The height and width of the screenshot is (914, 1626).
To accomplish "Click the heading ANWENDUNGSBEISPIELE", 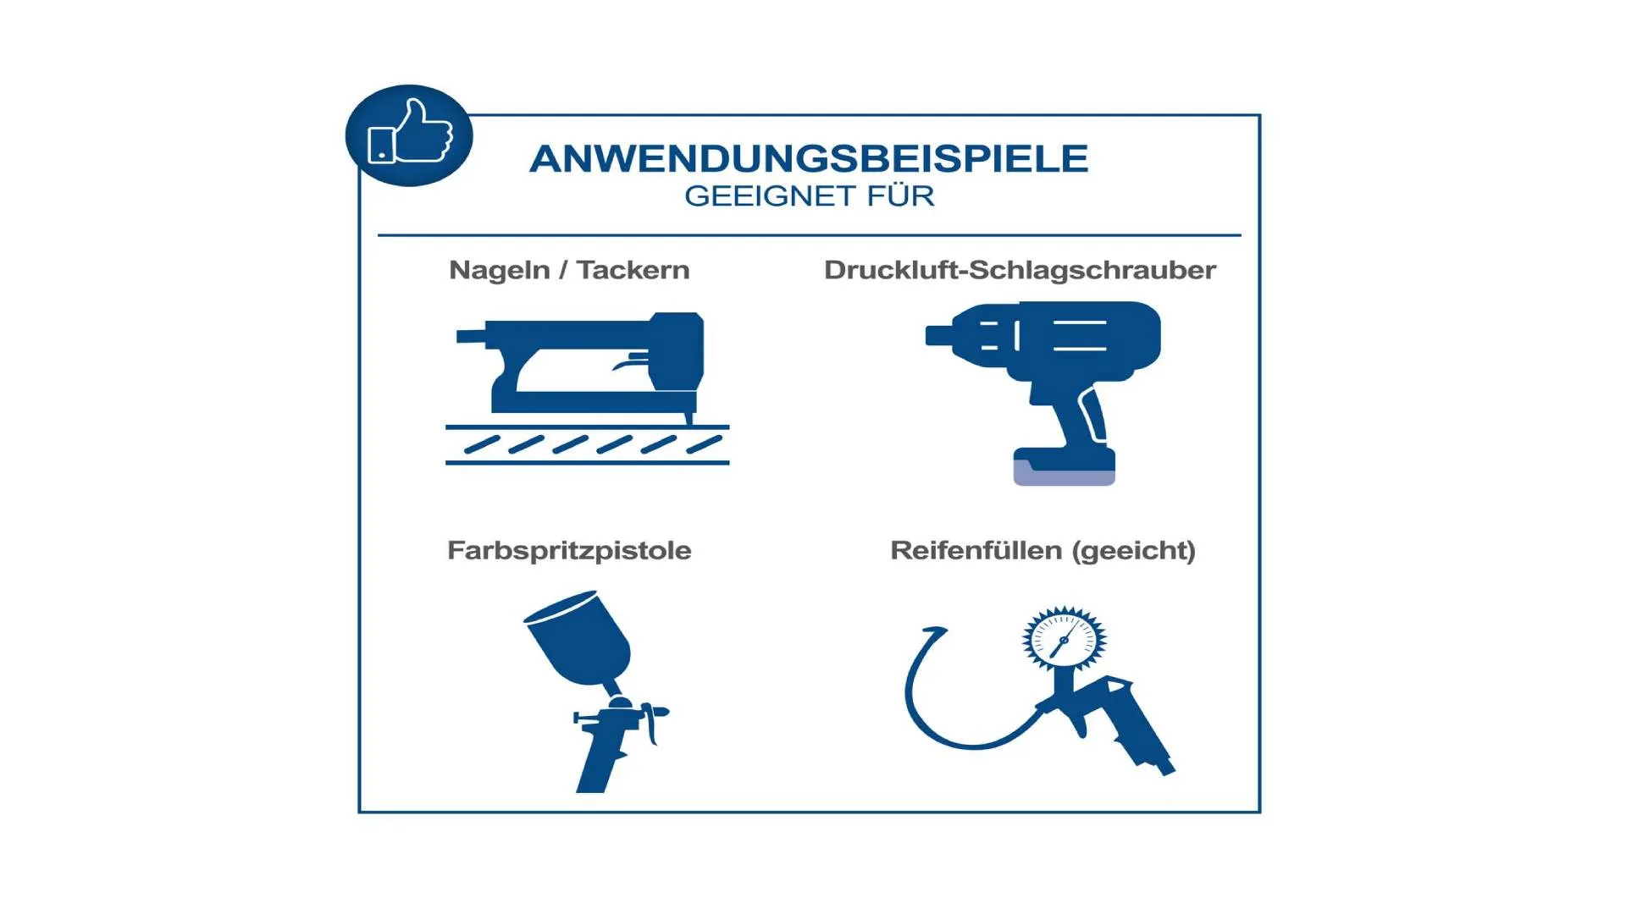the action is (809, 158).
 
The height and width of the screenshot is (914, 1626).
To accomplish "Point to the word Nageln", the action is (499, 271).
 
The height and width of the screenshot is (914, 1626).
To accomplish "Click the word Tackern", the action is (633, 270).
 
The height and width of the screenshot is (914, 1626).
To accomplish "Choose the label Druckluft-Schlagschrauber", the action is (1020, 270).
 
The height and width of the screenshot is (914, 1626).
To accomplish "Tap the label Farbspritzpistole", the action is (569, 551).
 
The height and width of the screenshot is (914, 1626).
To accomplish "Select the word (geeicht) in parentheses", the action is (1133, 551).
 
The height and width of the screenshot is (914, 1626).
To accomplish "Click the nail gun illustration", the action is (587, 388).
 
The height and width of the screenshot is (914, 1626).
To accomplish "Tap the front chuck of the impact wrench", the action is (938, 335).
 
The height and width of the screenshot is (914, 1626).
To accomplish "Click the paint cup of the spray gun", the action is (580, 637).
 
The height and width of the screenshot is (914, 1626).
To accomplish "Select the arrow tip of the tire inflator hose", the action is (935, 631).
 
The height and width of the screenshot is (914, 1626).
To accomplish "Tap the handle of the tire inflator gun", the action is (1143, 732).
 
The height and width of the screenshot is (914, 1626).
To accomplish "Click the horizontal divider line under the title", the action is (809, 234).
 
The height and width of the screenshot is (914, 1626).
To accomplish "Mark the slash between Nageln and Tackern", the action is (563, 270).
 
